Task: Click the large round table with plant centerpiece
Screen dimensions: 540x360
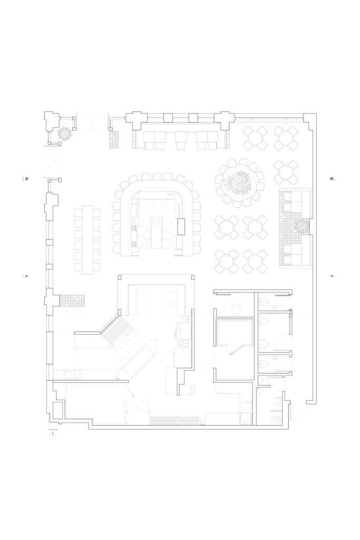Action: [240, 182]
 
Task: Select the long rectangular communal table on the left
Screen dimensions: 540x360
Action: [87, 239]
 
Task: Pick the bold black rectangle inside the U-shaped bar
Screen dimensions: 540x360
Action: [182, 226]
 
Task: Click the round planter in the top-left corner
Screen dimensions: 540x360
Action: [64, 134]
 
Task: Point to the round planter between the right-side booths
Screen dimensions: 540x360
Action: [302, 227]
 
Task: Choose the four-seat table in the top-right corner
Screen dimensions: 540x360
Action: [286, 138]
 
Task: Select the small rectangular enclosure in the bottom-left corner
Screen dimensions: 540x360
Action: [57, 410]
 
